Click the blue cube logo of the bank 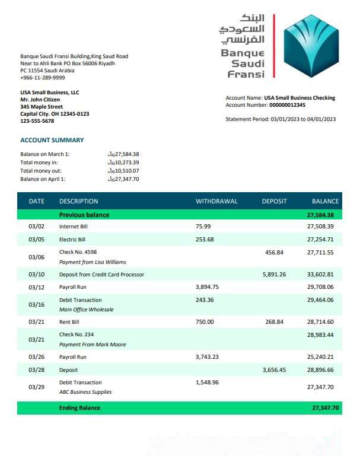(x=310, y=46)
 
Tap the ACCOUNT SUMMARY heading (x=52, y=141)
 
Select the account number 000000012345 (x=288, y=105)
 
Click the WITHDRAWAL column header (x=216, y=201)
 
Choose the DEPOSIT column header (x=274, y=201)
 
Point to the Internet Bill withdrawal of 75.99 (x=203, y=227)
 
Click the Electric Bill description (x=72, y=240)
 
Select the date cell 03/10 (x=37, y=275)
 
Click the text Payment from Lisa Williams (x=93, y=262)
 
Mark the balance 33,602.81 (x=320, y=275)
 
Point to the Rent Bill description (x=69, y=322)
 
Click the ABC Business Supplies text (x=85, y=393)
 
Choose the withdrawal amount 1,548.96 (x=207, y=383)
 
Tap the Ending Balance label (x=79, y=408)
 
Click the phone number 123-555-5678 (x=37, y=121)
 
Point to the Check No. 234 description (x=77, y=335)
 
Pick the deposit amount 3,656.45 (x=274, y=370)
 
